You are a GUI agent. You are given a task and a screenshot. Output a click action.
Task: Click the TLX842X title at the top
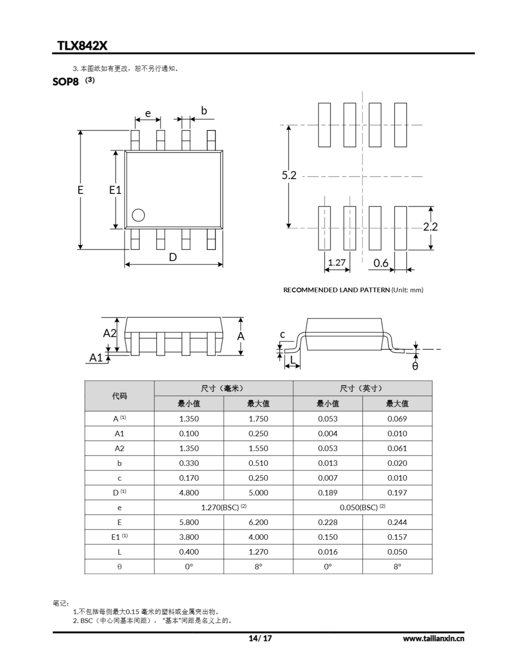82,46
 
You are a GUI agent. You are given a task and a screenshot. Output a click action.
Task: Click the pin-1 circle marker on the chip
138,215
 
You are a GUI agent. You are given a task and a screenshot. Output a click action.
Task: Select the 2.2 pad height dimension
430,227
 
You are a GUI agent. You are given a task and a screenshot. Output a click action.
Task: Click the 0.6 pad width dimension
381,263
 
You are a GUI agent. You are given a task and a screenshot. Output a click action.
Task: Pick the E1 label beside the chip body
115,190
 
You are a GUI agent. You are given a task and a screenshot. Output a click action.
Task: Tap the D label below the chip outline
173,257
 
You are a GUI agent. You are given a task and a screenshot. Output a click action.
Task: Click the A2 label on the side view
110,333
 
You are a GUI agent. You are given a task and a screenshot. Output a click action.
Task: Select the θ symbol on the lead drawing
415,366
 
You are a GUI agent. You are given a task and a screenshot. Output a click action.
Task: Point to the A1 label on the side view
96,357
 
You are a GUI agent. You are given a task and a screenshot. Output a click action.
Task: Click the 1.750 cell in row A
258,419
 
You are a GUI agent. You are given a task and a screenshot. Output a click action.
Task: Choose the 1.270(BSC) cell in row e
223,507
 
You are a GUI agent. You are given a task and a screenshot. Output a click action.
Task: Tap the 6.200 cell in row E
258,522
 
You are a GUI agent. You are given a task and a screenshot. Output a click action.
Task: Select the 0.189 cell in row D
328,493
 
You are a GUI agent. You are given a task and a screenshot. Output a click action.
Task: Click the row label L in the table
119,552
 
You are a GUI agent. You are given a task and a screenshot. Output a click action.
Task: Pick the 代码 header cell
119,396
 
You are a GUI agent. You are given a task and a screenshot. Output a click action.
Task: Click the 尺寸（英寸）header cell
362,388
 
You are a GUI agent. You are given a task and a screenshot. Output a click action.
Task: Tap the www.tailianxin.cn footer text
433,638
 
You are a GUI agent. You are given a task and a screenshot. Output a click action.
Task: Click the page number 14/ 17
260,638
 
